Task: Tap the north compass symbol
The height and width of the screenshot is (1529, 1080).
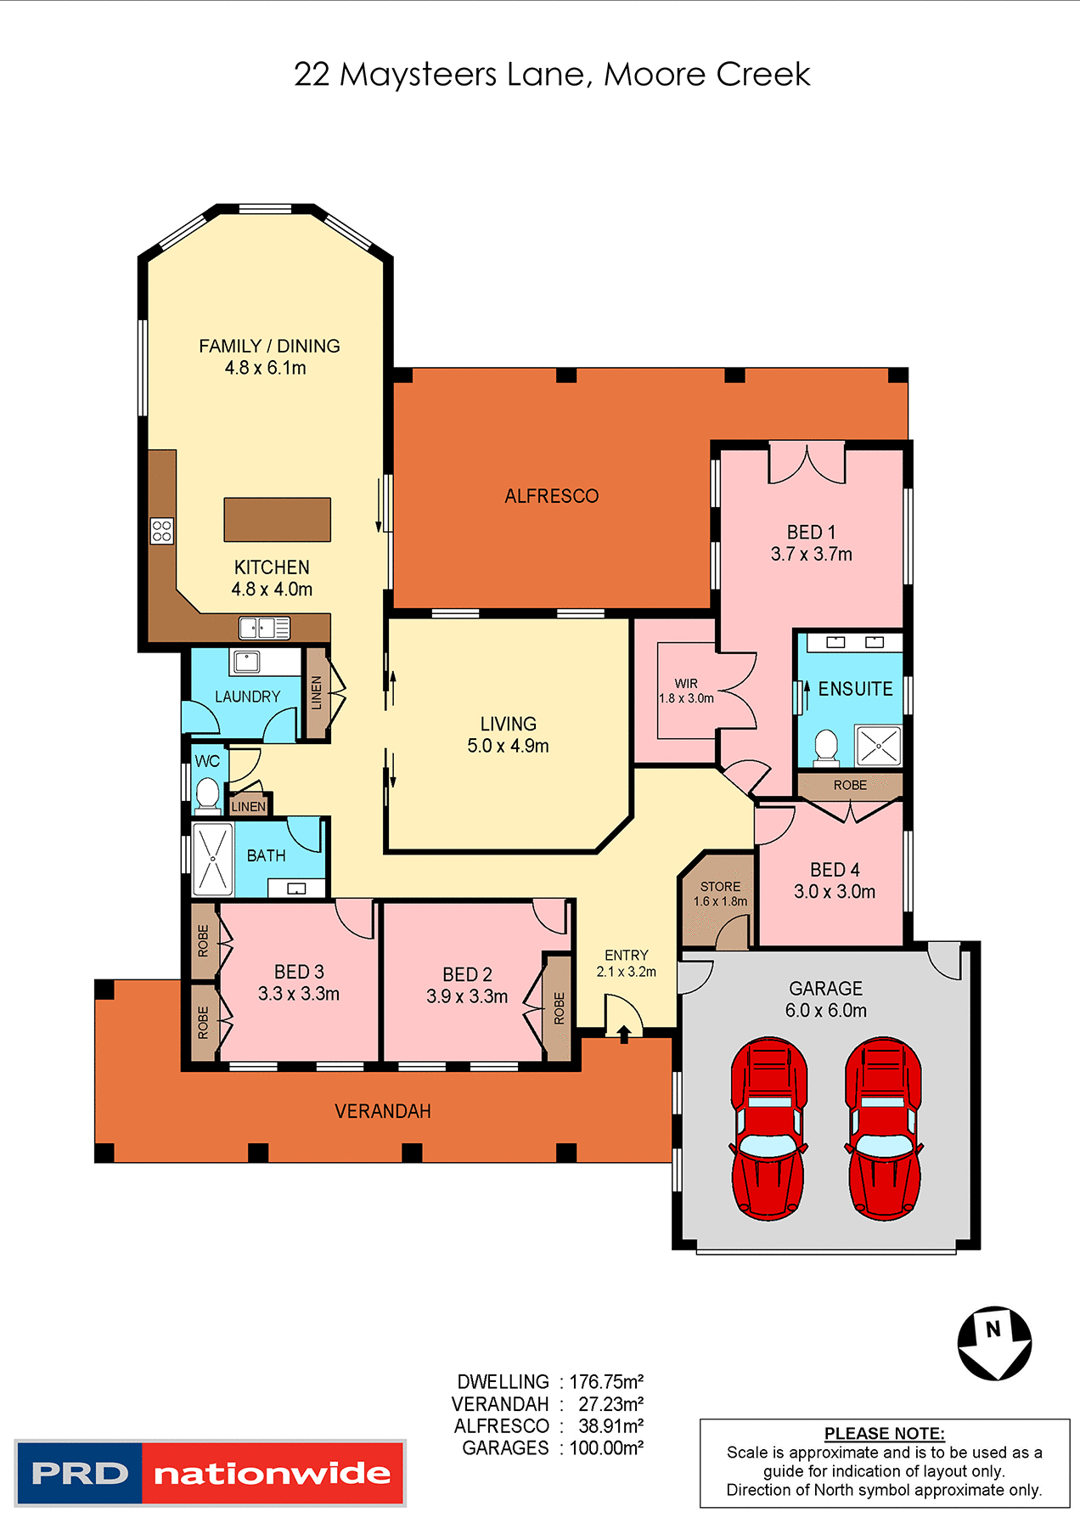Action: click(994, 1343)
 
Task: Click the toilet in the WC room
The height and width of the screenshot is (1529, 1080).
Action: click(206, 795)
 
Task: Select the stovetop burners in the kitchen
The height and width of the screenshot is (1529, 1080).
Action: click(161, 531)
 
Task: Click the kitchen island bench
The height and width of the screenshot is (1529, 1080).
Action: click(277, 520)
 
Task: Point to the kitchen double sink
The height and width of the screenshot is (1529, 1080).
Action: click(264, 628)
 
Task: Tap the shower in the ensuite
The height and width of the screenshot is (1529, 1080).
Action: click(878, 747)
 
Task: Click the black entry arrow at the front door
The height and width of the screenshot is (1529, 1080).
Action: click(624, 1034)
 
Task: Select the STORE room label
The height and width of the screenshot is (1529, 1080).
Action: click(720, 886)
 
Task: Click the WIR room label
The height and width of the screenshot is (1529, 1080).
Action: click(686, 683)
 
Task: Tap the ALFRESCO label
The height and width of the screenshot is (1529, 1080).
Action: click(551, 496)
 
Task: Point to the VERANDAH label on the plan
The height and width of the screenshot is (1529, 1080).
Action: click(383, 1111)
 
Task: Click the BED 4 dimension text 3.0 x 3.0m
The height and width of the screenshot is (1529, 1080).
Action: click(834, 892)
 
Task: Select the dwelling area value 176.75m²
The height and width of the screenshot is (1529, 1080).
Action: click(606, 1382)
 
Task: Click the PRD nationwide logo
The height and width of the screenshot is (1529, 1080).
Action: click(210, 1473)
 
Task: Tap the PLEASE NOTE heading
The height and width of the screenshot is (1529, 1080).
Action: click(884, 1433)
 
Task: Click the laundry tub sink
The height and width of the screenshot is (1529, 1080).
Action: click(247, 661)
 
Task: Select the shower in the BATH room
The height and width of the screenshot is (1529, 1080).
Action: click(212, 859)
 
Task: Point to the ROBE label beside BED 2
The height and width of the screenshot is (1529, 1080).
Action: click(559, 1008)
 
